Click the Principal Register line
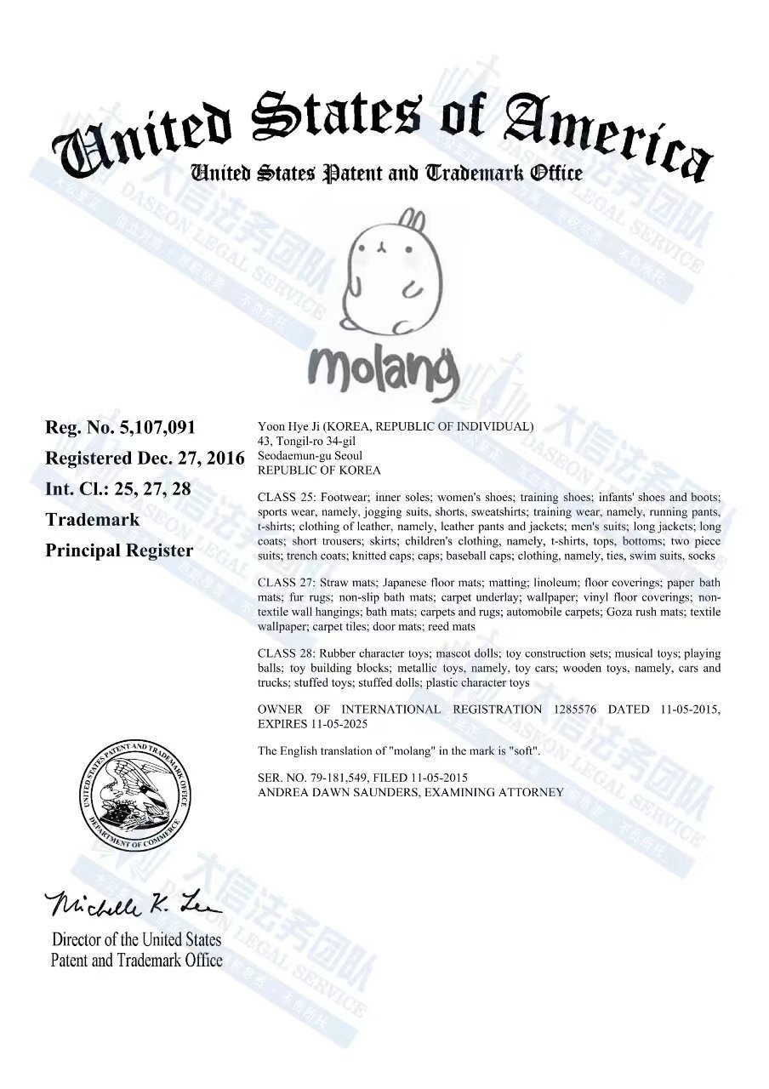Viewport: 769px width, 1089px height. (119, 550)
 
